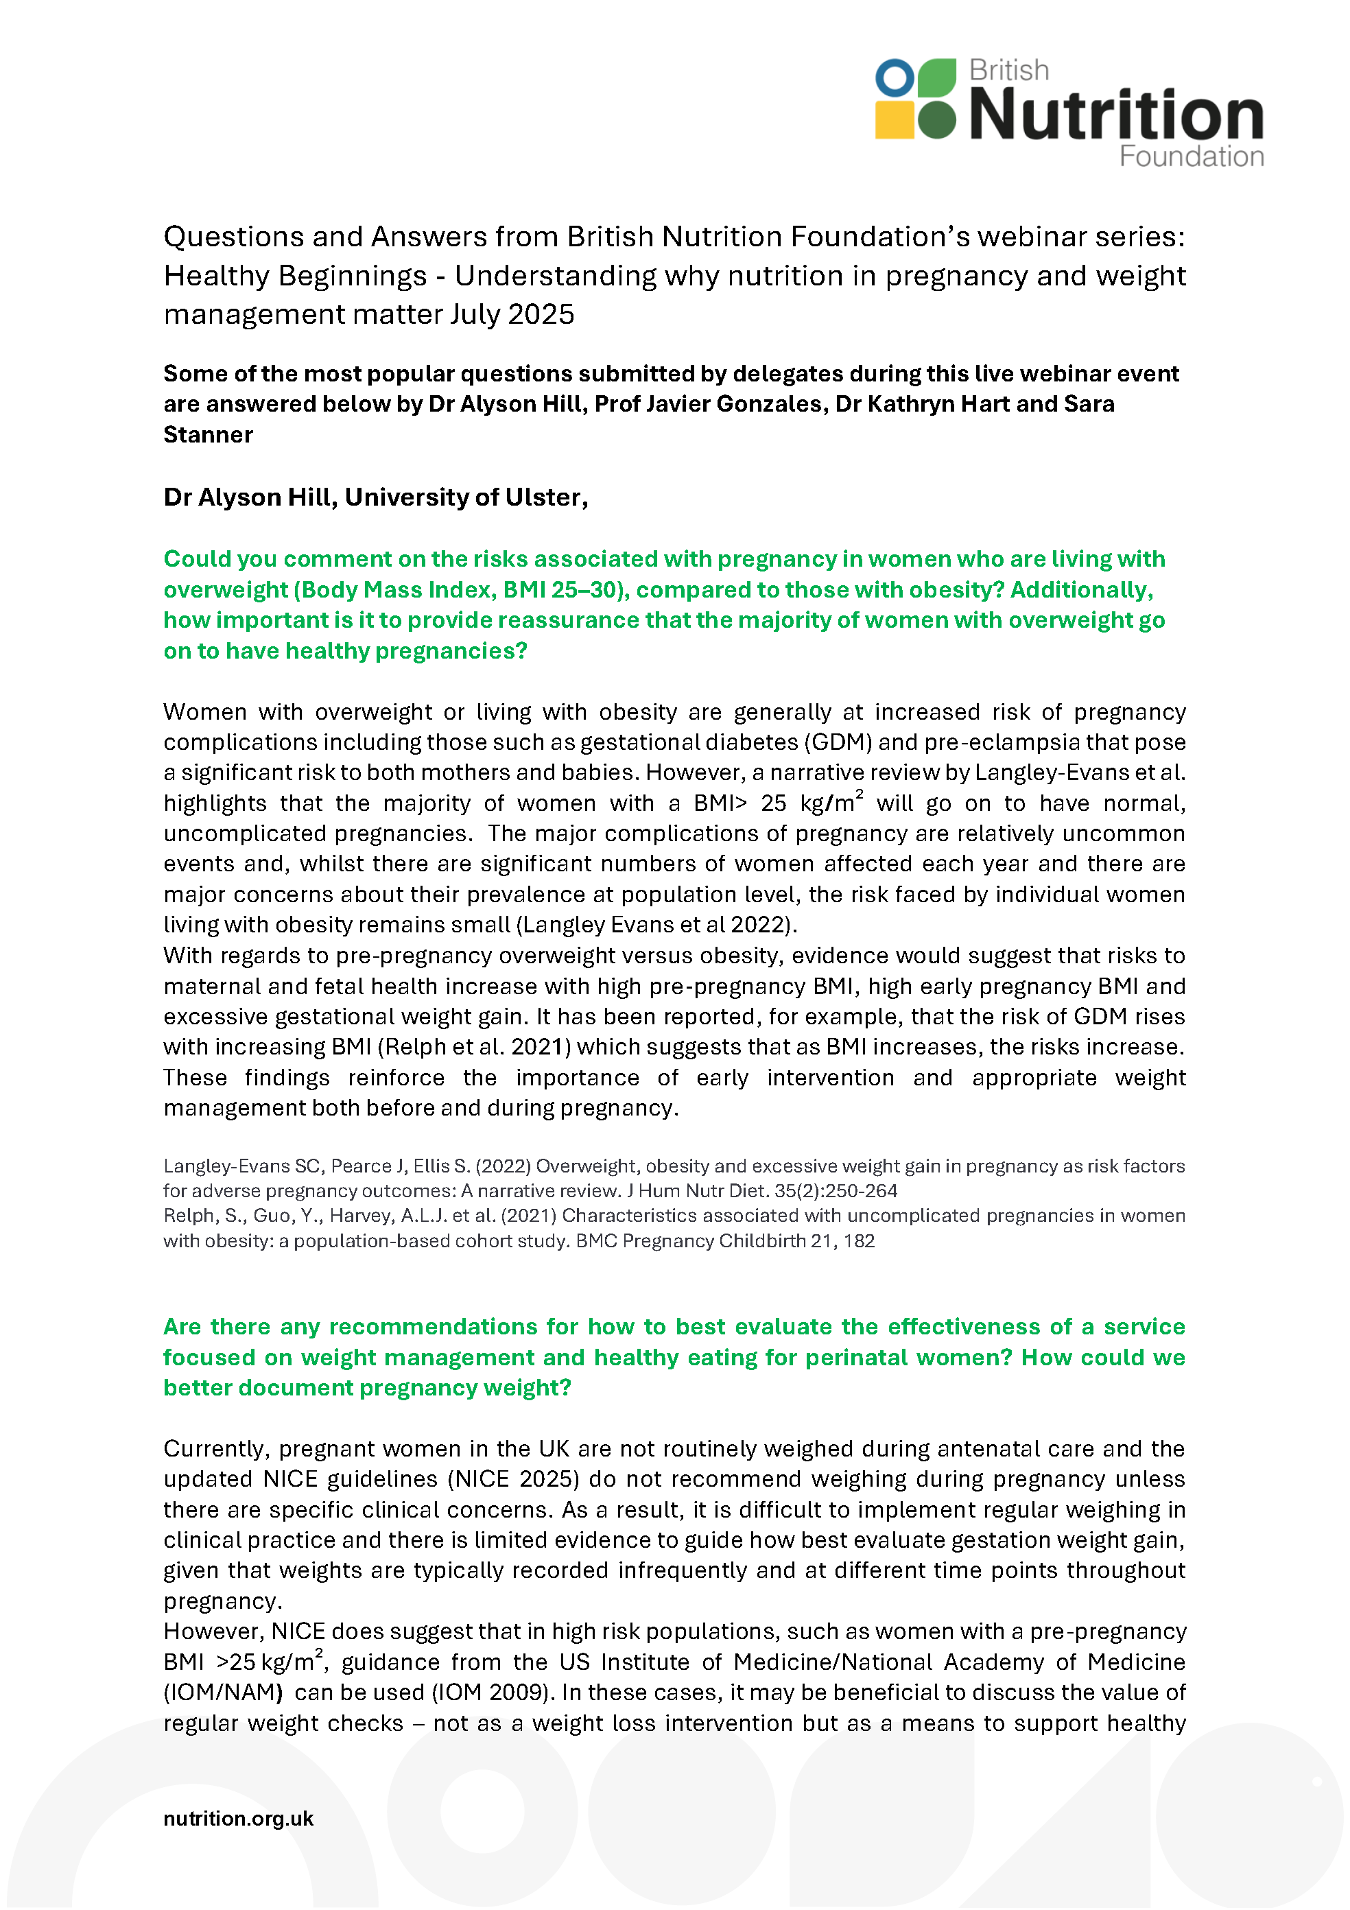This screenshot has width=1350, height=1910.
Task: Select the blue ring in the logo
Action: [x=895, y=78]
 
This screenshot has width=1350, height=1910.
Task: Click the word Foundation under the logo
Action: [x=1190, y=156]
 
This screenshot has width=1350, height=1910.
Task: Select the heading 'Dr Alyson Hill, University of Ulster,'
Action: [x=375, y=497]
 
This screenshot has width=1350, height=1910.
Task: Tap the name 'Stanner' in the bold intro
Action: [x=208, y=434]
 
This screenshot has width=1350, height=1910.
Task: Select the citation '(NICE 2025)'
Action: [x=514, y=1478]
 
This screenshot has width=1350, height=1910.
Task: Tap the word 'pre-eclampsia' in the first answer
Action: [x=995, y=742]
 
